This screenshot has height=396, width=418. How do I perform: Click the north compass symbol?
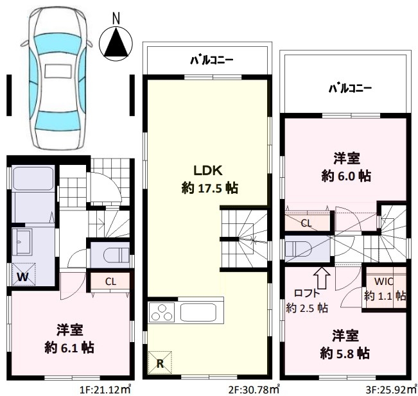tap(116, 40)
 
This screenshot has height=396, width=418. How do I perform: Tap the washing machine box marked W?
tap(24, 274)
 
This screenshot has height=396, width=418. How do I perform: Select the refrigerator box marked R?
tap(160, 363)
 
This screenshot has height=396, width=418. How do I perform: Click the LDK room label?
tap(208, 171)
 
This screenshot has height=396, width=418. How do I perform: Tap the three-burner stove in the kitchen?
tap(162, 313)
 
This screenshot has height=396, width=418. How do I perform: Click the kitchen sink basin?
tap(198, 313)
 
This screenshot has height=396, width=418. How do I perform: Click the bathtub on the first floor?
tap(33, 178)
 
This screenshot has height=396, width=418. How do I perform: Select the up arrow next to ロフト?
tap(322, 278)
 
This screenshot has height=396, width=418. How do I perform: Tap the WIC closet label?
tap(384, 281)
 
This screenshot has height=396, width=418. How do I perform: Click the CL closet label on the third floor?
tap(306, 223)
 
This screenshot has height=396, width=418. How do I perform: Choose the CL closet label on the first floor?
tap(110, 282)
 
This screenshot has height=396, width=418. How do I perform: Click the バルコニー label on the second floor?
tap(212, 60)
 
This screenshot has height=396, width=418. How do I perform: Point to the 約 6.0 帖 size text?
tap(346, 176)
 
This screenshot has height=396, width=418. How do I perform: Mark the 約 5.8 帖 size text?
tap(345, 354)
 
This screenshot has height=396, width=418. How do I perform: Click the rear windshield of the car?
tap(58, 121)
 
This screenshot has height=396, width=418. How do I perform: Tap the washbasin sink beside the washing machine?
tap(22, 239)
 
